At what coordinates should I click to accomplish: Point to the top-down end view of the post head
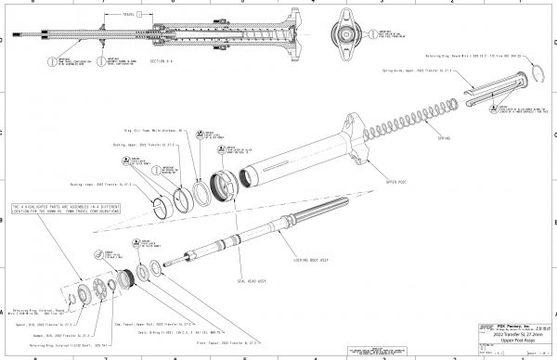pyautogui.click(x=341, y=27)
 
